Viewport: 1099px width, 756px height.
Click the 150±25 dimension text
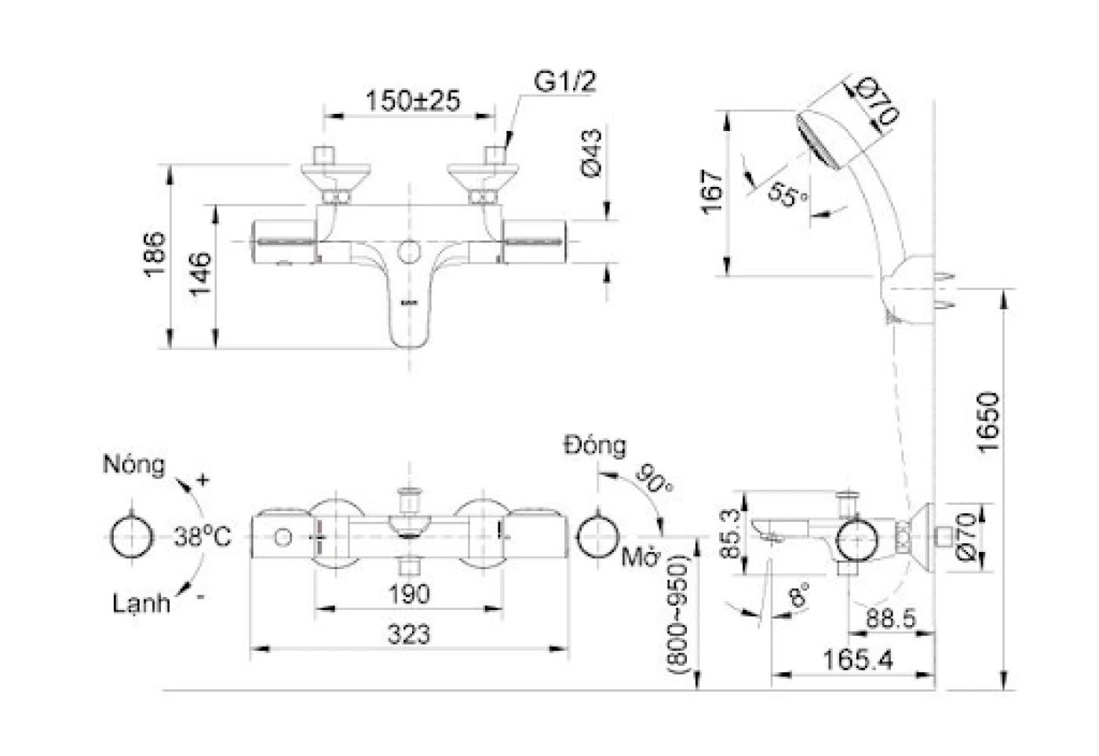point(413,100)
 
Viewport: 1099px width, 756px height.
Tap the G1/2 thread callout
point(565,82)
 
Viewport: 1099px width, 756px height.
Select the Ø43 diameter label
point(591,153)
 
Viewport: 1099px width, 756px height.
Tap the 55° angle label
point(787,195)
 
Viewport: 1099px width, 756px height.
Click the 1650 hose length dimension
point(988,422)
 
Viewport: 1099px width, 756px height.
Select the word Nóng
point(134,464)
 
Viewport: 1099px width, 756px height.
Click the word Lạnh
point(141,604)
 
